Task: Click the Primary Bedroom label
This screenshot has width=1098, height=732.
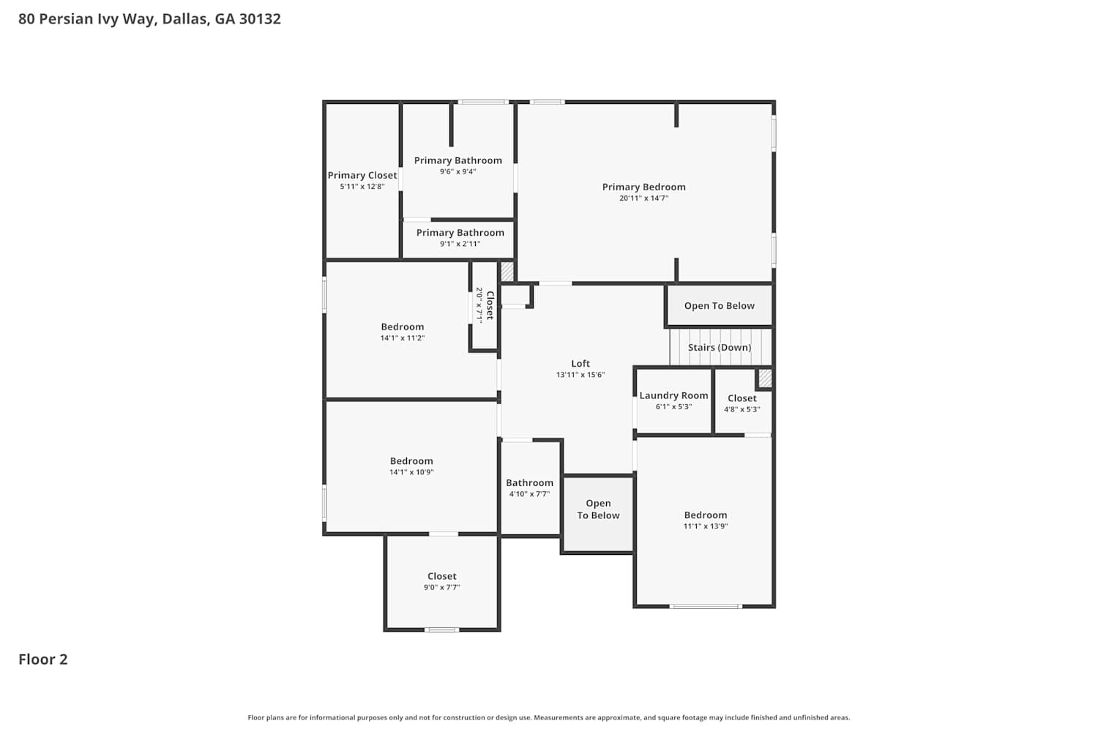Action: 643,187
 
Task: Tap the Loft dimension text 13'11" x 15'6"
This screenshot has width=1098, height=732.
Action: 580,375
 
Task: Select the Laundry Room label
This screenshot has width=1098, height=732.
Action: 673,396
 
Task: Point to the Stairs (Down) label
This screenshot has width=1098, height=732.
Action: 719,348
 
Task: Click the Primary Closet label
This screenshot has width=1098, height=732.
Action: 362,175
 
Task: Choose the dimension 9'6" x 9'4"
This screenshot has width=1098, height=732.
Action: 457,171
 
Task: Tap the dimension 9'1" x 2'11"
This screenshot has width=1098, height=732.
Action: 460,244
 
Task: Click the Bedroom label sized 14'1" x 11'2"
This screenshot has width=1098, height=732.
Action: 403,326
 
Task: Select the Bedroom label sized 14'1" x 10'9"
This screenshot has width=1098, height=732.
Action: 411,461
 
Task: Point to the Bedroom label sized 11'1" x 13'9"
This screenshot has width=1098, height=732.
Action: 706,515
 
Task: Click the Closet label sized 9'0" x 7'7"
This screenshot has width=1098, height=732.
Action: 441,576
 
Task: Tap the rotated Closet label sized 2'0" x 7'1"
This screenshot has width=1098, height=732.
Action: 490,305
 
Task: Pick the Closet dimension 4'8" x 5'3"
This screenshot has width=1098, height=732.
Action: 742,409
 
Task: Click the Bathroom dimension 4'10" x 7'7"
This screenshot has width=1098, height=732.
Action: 529,493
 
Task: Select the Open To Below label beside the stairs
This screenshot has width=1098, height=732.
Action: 719,306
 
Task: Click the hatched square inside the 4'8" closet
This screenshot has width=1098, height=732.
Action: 765,378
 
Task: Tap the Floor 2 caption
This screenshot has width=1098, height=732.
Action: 43,660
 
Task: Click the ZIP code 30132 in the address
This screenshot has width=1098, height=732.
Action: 260,18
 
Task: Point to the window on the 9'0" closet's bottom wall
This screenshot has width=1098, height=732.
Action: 441,630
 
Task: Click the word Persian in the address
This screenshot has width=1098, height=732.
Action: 66,18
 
